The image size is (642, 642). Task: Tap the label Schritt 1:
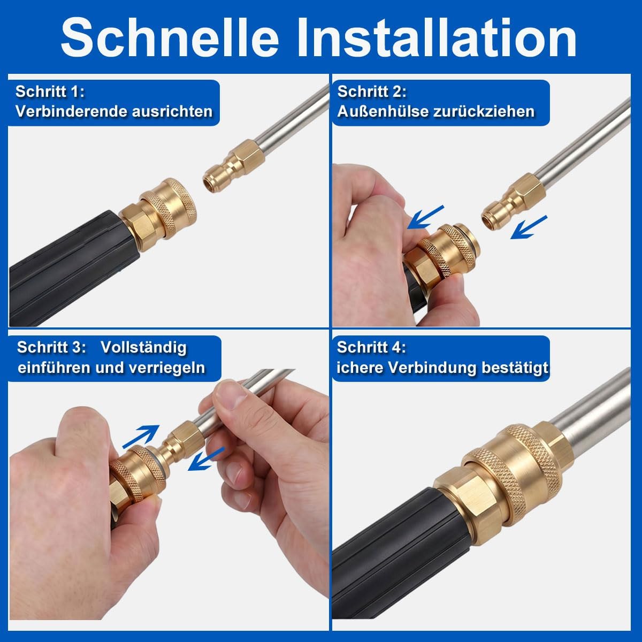pyautogui.click(x=50, y=92)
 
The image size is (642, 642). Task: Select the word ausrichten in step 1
pyautogui.click(x=172, y=111)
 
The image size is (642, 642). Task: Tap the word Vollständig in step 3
pyautogui.click(x=143, y=348)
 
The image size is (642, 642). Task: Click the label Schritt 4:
pyautogui.click(x=371, y=348)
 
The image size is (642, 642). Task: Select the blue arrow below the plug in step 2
pyautogui.click(x=529, y=227)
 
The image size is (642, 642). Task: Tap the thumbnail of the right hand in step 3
pyautogui.click(x=232, y=397)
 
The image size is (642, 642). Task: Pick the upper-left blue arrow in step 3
pyautogui.click(x=141, y=437)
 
